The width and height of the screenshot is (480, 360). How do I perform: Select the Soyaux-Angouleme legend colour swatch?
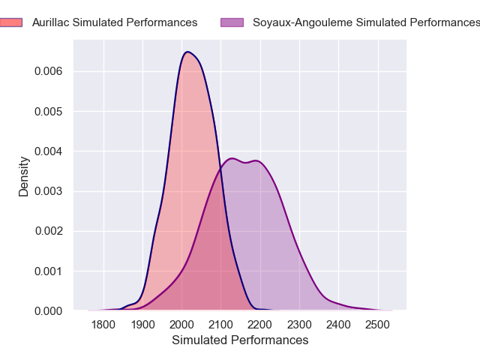click(232, 22)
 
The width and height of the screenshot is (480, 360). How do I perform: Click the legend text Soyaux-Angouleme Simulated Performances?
click(364, 22)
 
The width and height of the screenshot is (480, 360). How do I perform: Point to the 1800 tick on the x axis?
click(103, 325)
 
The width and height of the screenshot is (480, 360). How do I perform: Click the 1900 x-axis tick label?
click(142, 325)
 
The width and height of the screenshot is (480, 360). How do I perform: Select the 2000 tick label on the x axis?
click(182, 325)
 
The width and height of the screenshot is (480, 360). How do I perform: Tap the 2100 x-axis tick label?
click(221, 325)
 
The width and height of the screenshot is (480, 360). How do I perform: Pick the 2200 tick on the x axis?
click(260, 325)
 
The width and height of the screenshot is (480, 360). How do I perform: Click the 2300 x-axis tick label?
click(299, 325)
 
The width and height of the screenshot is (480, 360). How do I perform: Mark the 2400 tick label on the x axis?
click(339, 325)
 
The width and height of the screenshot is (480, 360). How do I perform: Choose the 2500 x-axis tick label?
click(378, 325)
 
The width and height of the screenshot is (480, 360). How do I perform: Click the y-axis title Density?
click(24, 176)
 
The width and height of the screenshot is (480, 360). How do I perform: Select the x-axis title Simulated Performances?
click(240, 340)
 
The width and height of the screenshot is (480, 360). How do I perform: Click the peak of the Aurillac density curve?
click(187, 52)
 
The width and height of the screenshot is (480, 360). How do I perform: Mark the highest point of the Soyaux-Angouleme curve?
click(232, 158)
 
